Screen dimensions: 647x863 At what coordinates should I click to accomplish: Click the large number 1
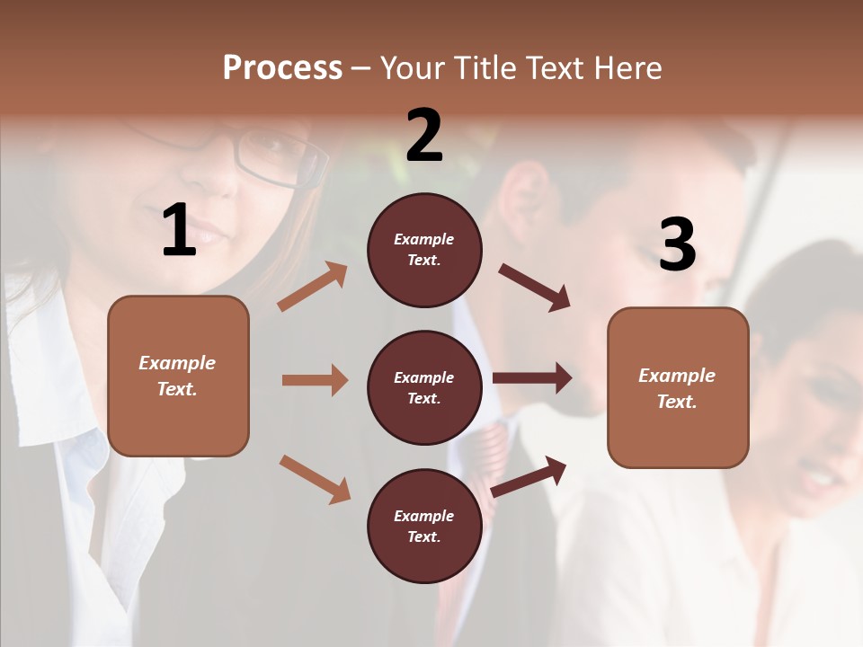(179, 231)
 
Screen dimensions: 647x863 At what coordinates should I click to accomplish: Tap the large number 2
(424, 136)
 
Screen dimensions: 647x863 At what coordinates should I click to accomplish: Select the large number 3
(677, 245)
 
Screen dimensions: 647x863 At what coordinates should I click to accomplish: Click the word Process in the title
(282, 68)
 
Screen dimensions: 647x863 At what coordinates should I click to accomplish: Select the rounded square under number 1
(178, 376)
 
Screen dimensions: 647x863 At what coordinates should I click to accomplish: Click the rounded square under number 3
(678, 387)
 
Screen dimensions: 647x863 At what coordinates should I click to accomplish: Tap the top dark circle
(424, 250)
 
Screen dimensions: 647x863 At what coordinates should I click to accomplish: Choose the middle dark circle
(424, 387)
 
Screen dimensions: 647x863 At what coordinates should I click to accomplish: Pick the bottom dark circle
(424, 526)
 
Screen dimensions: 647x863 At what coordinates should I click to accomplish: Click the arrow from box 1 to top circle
(313, 287)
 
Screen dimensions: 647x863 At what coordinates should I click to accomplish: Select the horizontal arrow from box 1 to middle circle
(315, 380)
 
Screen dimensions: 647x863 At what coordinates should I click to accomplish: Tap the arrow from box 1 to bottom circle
(315, 479)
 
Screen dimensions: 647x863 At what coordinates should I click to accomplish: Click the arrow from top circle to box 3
(534, 288)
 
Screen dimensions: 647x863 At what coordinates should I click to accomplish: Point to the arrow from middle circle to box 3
(532, 378)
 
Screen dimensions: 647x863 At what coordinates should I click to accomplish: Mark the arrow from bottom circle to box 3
(529, 475)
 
